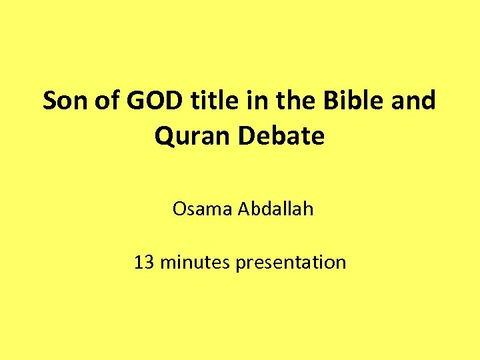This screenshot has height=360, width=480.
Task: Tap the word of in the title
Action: click(107, 101)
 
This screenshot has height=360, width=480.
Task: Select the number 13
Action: click(143, 262)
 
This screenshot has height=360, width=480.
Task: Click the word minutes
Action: click(194, 262)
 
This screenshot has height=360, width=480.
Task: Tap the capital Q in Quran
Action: click(164, 137)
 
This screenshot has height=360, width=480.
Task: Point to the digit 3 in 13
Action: click(148, 262)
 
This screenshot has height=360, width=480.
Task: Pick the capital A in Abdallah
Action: click(239, 209)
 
